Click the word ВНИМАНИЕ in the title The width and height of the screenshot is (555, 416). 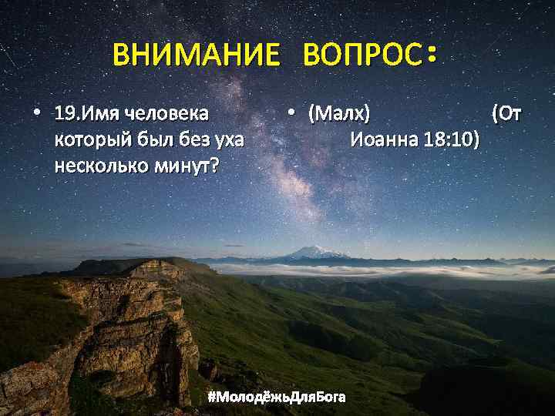point(196,55)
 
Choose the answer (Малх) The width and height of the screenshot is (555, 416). point(339,114)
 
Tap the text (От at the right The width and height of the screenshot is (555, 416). point(506,114)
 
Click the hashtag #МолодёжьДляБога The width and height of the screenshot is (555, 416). point(277,397)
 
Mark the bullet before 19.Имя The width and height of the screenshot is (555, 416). point(36,114)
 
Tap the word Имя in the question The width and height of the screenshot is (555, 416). point(93,114)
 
